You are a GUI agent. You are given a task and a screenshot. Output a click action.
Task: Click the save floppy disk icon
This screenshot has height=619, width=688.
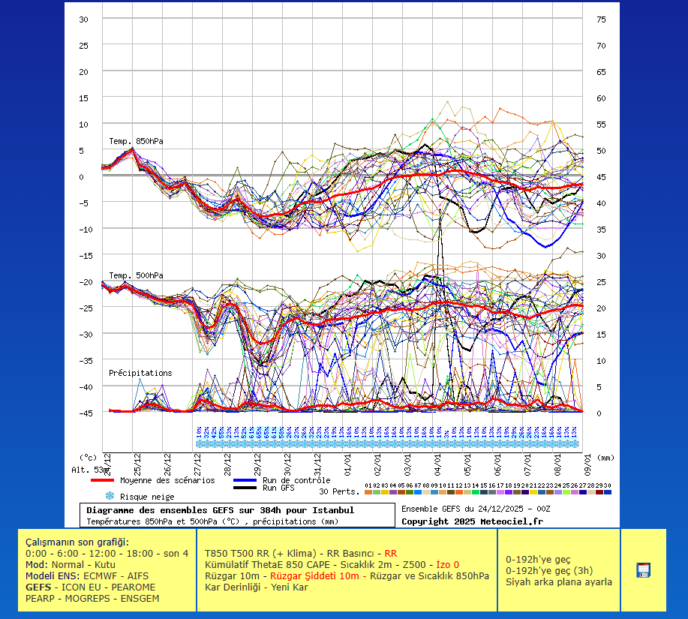(643, 570)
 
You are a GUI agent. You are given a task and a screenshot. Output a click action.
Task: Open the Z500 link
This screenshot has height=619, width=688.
(414, 564)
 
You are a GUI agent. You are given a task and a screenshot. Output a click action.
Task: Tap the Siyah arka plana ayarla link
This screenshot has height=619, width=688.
(558, 581)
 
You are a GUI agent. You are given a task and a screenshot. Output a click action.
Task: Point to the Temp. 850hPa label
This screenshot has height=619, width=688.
(136, 141)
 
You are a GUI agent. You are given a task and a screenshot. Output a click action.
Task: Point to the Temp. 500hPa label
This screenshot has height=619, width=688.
(136, 275)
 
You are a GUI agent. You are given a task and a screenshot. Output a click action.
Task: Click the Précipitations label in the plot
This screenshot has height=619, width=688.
(140, 373)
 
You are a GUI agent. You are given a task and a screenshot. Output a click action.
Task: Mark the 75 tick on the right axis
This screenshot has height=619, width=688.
(601, 20)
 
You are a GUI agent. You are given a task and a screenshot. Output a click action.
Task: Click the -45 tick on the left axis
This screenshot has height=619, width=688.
(88, 413)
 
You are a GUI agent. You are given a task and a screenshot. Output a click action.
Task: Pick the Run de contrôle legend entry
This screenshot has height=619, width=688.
(296, 480)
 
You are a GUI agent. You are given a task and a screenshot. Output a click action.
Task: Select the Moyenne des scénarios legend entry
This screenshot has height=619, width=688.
(167, 480)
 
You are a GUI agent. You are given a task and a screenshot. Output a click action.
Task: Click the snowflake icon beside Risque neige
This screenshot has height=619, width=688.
(110, 496)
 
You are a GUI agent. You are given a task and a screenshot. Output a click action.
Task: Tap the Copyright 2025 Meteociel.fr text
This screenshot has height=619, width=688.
(472, 521)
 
